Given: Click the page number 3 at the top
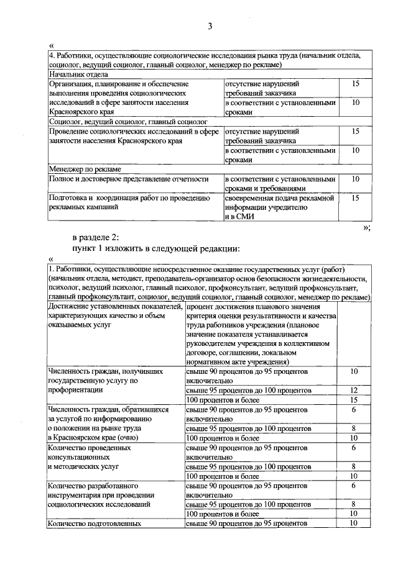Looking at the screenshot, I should (x=210, y=26).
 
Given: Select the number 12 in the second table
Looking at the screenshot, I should (x=354, y=390).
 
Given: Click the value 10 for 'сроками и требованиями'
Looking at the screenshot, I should (x=356, y=179).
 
